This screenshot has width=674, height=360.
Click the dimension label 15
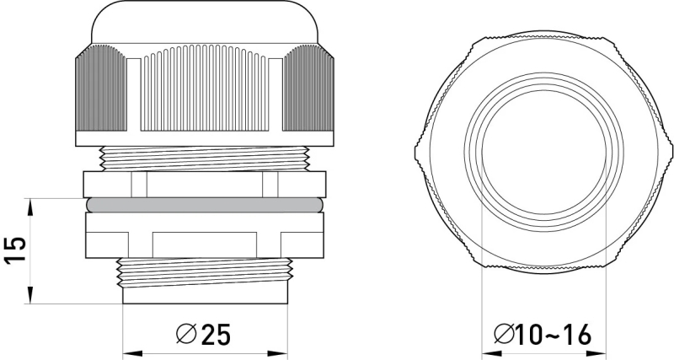(15, 250)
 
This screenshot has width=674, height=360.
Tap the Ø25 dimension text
(203, 334)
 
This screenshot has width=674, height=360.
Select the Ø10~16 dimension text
(543, 334)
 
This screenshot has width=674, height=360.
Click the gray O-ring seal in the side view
(204, 205)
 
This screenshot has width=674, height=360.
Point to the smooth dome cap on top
(205, 23)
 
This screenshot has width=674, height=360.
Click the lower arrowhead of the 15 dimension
(30, 295)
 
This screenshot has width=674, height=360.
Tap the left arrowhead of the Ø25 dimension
(132, 353)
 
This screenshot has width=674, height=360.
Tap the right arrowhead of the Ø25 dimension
(278, 353)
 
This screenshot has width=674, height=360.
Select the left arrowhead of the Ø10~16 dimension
(491, 353)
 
